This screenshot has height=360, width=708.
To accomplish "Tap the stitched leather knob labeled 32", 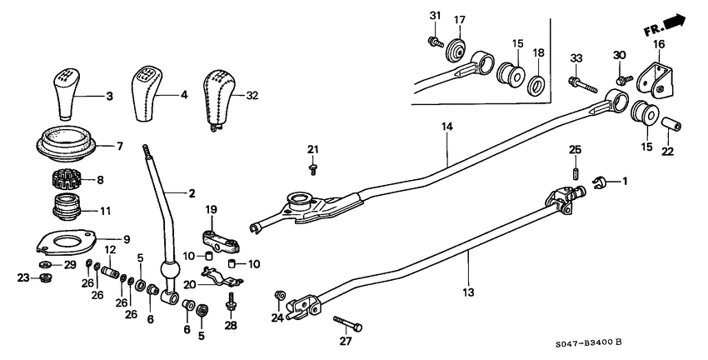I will pyautogui.click(x=220, y=96).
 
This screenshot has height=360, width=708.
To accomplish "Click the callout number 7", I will pyautogui.click(x=119, y=146).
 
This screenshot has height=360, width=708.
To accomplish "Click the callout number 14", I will pyautogui.click(x=447, y=127).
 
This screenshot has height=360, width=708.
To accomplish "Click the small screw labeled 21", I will pyautogui.click(x=312, y=168).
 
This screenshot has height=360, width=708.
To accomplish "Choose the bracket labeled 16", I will pyautogui.click(x=651, y=77).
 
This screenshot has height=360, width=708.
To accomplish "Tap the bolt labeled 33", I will pyautogui.click(x=581, y=83).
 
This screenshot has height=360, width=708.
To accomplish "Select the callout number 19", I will pyautogui.click(x=212, y=208).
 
